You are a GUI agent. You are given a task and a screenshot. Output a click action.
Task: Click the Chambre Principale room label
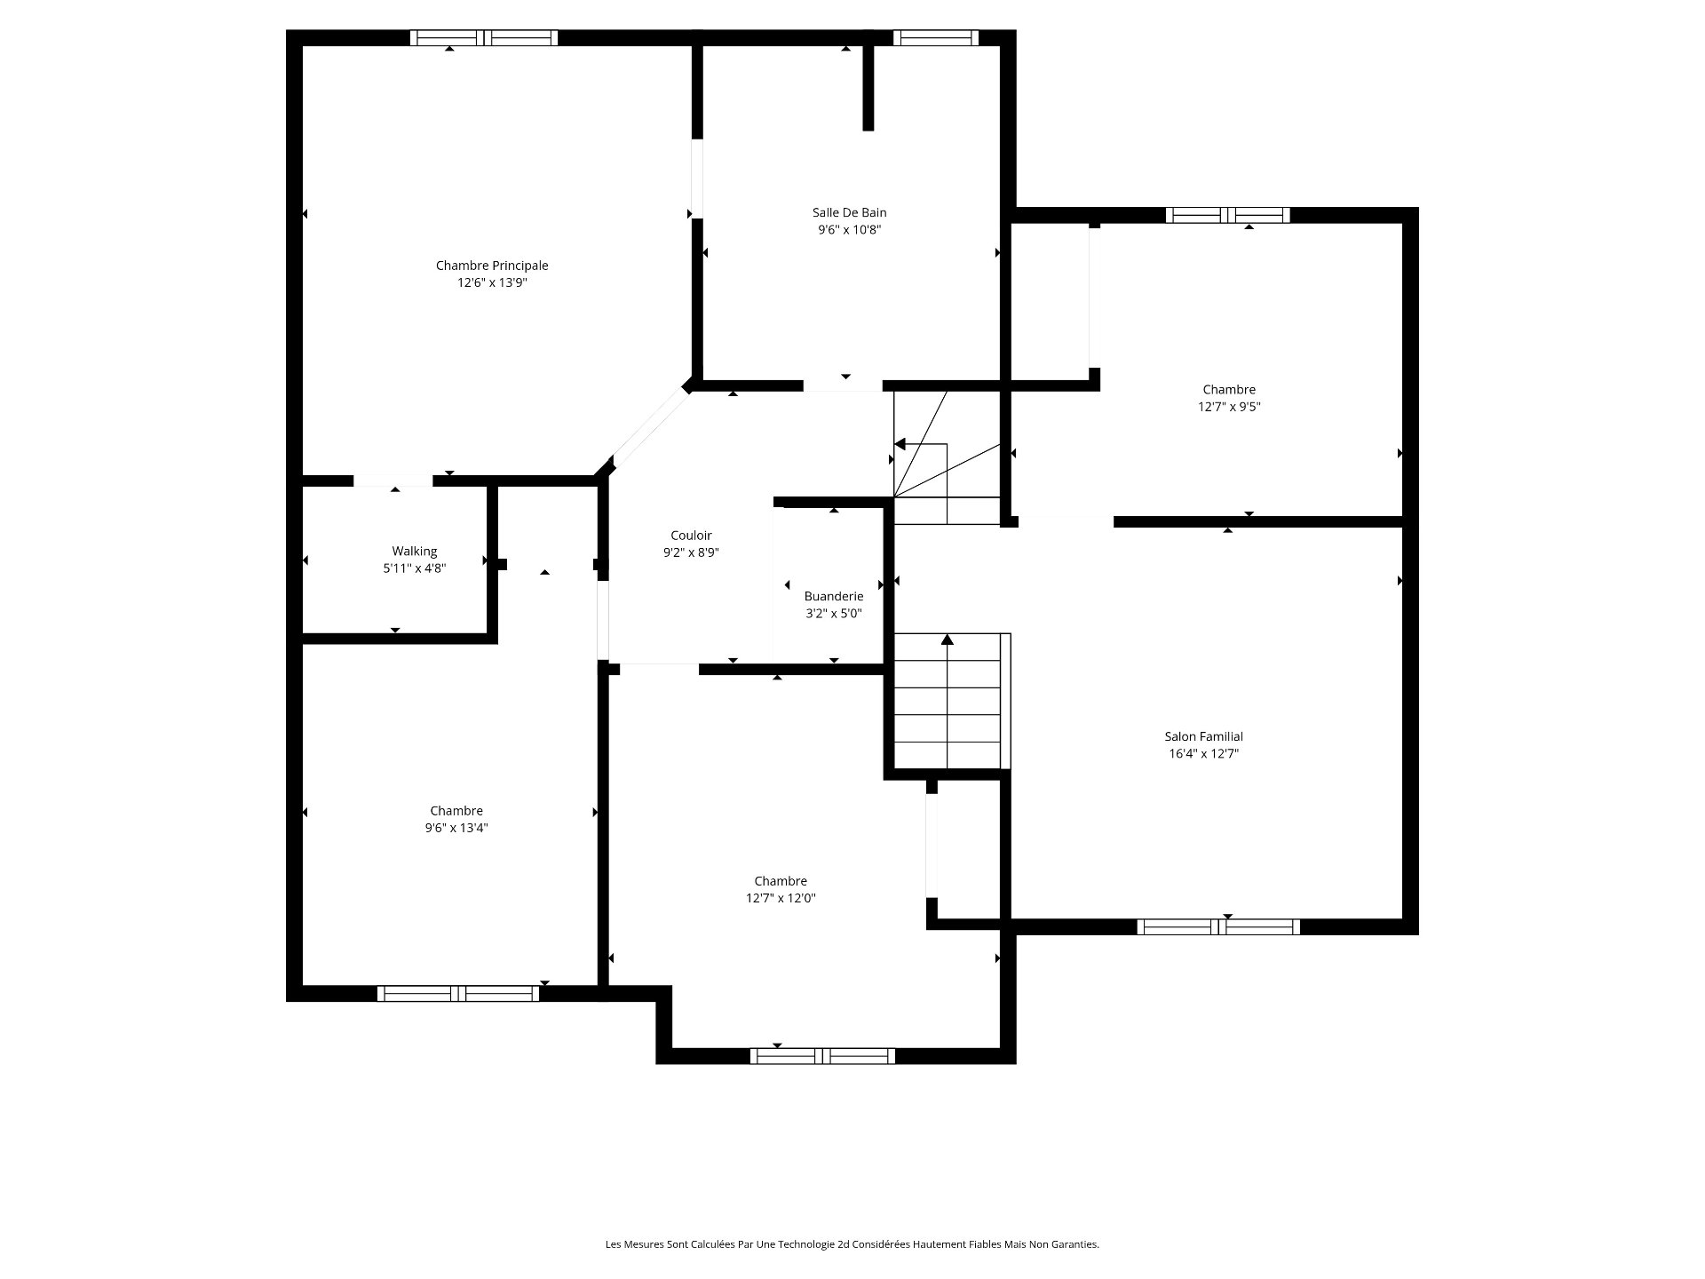coord(492,266)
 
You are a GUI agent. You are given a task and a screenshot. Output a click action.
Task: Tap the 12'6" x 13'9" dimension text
coord(492,283)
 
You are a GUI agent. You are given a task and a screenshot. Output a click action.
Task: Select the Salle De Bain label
coord(849,212)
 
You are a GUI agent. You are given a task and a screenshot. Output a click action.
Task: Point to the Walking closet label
coord(415,552)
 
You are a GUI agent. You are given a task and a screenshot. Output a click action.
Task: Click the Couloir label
coord(691,536)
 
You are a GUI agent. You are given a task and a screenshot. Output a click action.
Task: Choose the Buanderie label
coord(834,596)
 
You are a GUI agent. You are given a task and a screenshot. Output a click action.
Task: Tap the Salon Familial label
coord(1204,736)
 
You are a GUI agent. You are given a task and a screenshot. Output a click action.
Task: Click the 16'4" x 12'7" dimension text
coord(1204,754)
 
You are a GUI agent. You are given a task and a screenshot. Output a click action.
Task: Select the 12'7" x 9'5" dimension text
coord(1229,407)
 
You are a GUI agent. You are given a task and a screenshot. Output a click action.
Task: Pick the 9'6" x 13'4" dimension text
coord(456,828)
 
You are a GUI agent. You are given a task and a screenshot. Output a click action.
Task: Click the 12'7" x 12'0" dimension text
coord(781,898)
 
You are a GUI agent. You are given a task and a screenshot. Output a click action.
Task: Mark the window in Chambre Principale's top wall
coord(484,37)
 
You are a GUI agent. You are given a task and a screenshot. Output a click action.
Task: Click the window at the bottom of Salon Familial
coord(1218,927)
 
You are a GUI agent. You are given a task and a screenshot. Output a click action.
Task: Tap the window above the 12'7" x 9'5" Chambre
coord(1228,215)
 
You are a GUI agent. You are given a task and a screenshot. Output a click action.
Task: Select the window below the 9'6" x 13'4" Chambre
coord(458,994)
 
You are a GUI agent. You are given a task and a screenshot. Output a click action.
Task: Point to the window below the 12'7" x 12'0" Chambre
coord(822,1056)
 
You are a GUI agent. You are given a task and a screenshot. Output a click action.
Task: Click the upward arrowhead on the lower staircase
coord(948,639)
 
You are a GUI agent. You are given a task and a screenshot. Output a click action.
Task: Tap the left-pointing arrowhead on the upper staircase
coord(900,444)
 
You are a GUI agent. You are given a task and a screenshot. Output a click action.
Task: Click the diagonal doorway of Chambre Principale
coord(651,430)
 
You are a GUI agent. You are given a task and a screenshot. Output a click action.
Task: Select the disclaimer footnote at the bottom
coord(852,1244)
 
